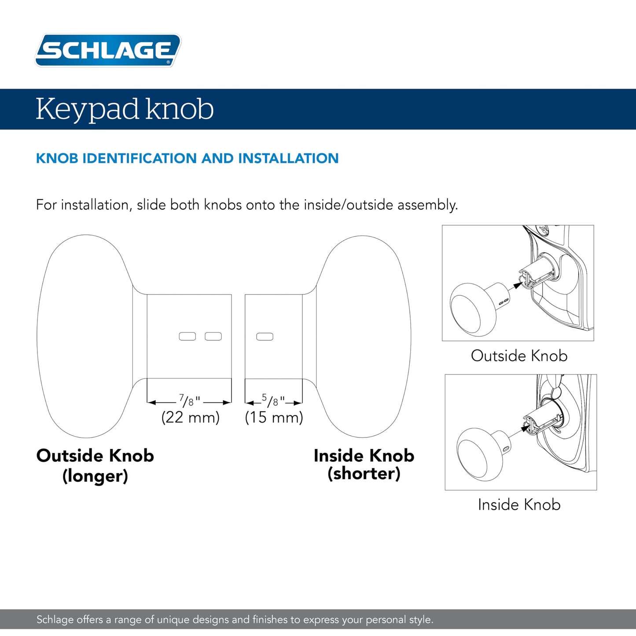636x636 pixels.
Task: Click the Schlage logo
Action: pyautogui.click(x=108, y=50)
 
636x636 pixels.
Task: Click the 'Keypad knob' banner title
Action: pyautogui.click(x=125, y=109)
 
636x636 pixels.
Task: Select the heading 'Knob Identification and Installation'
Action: pyautogui.click(x=187, y=158)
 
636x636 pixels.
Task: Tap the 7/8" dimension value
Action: pyautogui.click(x=189, y=401)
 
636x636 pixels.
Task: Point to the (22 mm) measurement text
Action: pyautogui.click(x=190, y=417)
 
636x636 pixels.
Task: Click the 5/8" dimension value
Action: pyautogui.click(x=273, y=401)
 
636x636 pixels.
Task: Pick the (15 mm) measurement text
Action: pyautogui.click(x=274, y=417)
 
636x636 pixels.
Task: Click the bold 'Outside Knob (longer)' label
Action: pyautogui.click(x=95, y=465)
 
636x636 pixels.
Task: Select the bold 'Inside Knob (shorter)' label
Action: pyautogui.click(x=364, y=464)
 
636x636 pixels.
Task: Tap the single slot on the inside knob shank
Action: pyautogui.click(x=265, y=337)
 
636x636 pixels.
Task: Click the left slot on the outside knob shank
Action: pyautogui.click(x=187, y=336)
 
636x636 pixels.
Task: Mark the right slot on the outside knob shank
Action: pyautogui.click(x=213, y=336)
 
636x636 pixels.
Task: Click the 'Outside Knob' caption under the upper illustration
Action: pyautogui.click(x=519, y=356)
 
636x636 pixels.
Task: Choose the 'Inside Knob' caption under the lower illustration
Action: pyautogui.click(x=519, y=504)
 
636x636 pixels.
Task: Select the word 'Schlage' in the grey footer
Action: pyautogui.click(x=55, y=620)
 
